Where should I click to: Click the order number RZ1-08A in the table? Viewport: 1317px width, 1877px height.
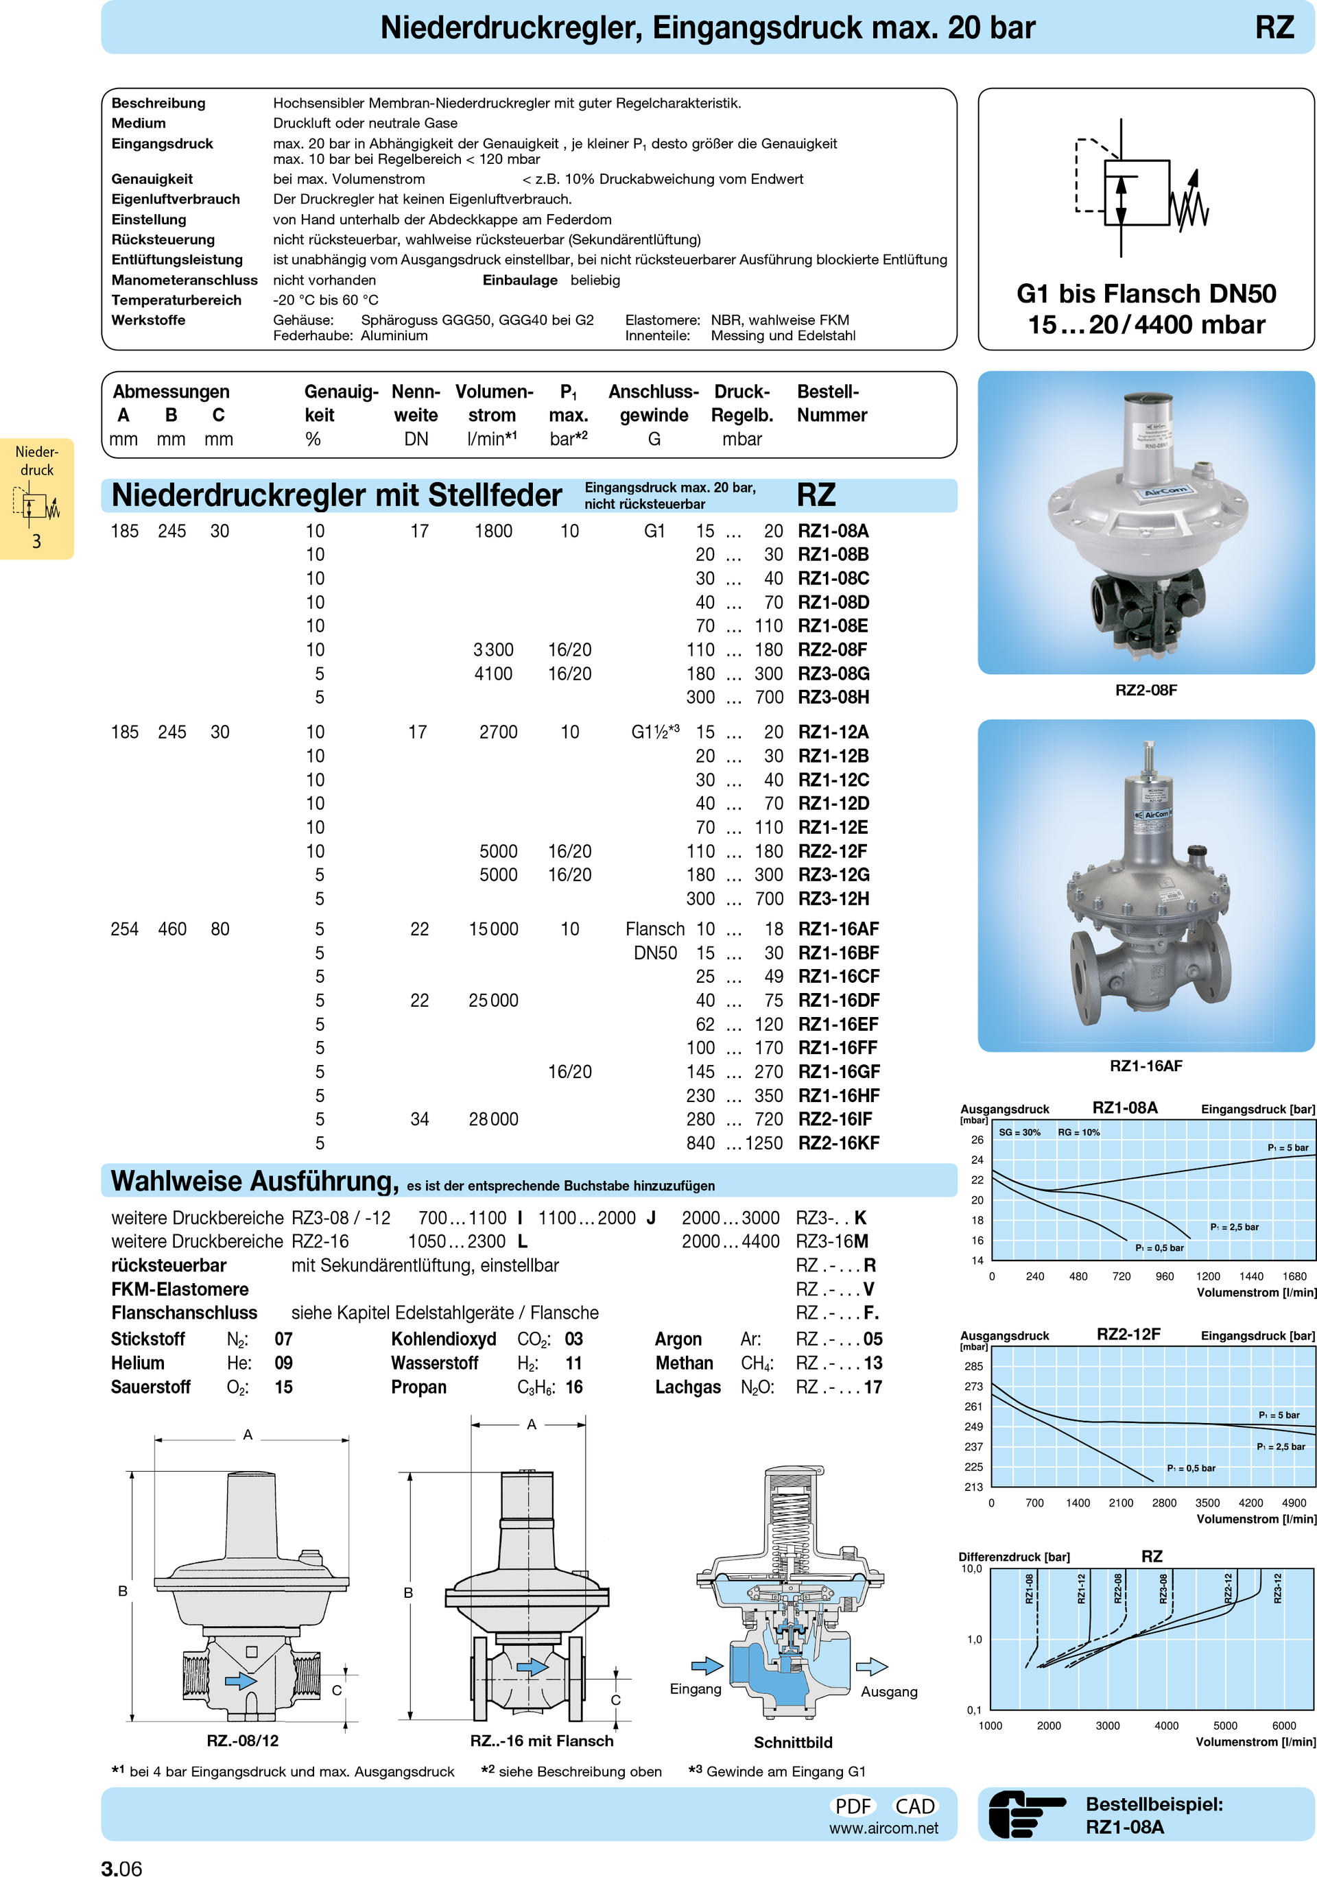(x=832, y=531)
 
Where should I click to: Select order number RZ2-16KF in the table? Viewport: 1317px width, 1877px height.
(x=838, y=1143)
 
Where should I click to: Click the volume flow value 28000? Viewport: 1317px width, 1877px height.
(x=493, y=1119)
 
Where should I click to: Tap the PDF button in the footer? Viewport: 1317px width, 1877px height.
(x=853, y=1806)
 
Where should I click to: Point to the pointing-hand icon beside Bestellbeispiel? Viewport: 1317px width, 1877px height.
(x=1026, y=1815)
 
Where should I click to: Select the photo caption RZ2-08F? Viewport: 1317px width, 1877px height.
(x=1146, y=690)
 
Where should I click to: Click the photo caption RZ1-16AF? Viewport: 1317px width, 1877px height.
(x=1146, y=1065)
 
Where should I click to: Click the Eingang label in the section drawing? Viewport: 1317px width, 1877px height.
(x=695, y=1689)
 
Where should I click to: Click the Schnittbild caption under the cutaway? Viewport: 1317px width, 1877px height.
(x=792, y=1742)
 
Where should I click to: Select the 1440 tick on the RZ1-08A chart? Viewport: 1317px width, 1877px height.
(x=1250, y=1276)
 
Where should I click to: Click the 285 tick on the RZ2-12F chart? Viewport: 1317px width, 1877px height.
(x=973, y=1366)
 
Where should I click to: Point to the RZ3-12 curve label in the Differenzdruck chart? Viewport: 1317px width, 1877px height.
(x=1278, y=1588)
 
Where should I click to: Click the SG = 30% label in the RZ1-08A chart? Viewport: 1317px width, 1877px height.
(x=1019, y=1132)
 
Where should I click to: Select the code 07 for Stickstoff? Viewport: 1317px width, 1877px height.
(x=283, y=1339)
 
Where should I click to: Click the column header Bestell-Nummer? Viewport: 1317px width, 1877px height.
(x=831, y=403)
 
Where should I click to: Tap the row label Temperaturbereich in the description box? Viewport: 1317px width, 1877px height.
(x=176, y=300)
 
